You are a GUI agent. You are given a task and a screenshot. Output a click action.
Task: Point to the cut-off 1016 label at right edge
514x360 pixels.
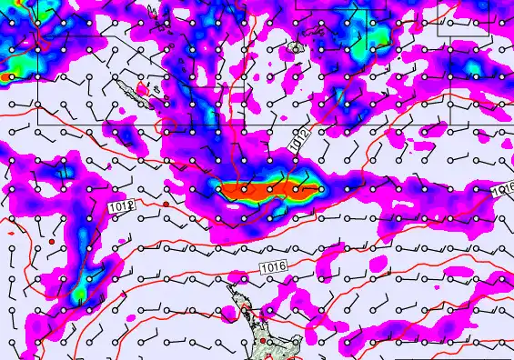(505, 189)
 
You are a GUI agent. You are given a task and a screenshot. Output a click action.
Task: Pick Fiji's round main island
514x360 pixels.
(296, 47)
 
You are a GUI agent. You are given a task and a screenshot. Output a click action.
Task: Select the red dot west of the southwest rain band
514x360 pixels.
(53, 241)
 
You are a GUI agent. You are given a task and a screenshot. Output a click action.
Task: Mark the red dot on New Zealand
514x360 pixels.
(262, 340)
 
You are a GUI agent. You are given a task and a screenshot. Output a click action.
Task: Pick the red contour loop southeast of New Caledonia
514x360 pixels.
(167, 126)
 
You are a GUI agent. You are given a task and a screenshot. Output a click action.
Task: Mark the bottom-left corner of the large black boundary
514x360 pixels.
(38, 124)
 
